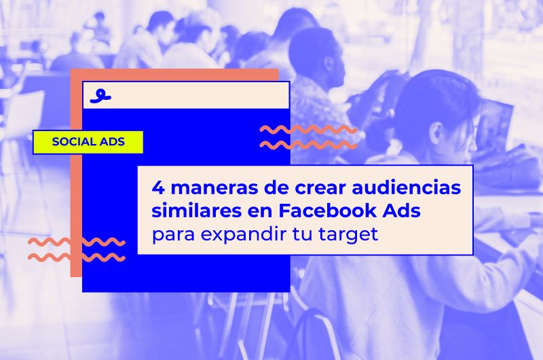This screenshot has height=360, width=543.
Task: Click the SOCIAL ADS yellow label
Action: pos(88,142)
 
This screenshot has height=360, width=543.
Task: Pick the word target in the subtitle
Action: pos(352,235)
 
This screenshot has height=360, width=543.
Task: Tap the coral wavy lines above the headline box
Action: pos(308,137)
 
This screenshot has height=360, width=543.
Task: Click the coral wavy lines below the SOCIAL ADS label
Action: pos(76,249)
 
